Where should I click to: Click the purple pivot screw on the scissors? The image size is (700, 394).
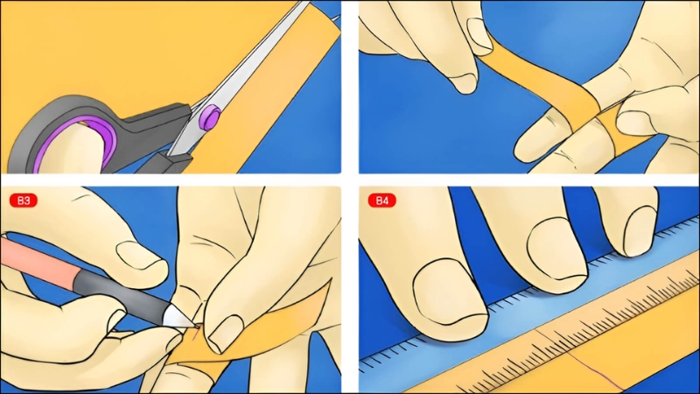(x=209, y=116)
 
